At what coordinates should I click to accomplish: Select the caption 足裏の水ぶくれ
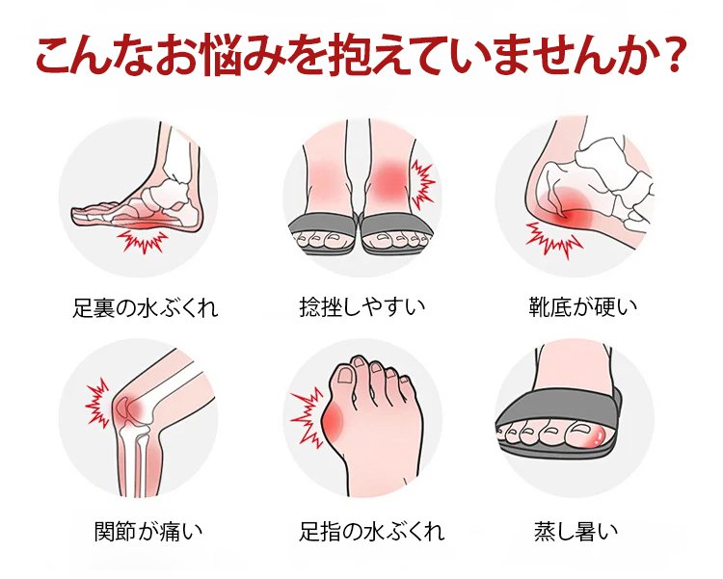(146, 307)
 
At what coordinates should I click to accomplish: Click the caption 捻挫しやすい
(362, 307)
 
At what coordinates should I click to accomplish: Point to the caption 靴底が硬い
(583, 307)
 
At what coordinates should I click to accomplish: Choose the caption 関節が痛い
(148, 531)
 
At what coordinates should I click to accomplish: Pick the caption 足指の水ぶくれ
(372, 531)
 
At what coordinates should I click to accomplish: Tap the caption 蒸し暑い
(576, 531)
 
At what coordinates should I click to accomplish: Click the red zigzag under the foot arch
(142, 241)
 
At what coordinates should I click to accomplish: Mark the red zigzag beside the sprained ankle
(422, 184)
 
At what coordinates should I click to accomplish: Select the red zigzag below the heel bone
(552, 240)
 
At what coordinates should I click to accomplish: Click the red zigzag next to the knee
(97, 404)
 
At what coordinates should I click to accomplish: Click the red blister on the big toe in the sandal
(598, 434)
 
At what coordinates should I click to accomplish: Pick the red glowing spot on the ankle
(388, 181)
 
